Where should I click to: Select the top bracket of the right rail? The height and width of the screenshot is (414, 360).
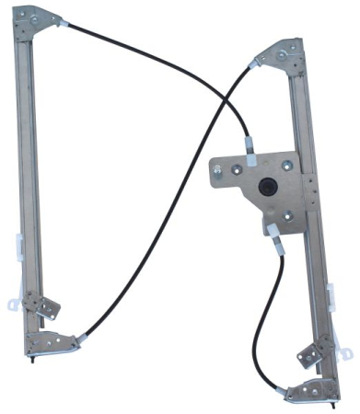pyautogui.click(x=281, y=56)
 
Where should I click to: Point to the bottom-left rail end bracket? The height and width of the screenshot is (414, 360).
pyautogui.click(x=52, y=342)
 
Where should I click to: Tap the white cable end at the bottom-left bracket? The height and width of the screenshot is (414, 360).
pyautogui.click(x=81, y=339)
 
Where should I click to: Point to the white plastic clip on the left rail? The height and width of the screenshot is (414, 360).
pyautogui.click(x=19, y=247)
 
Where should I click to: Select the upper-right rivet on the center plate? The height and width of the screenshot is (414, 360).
pyautogui.click(x=286, y=166)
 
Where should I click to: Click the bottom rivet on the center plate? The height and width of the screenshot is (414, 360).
pyautogui.click(x=286, y=217)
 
